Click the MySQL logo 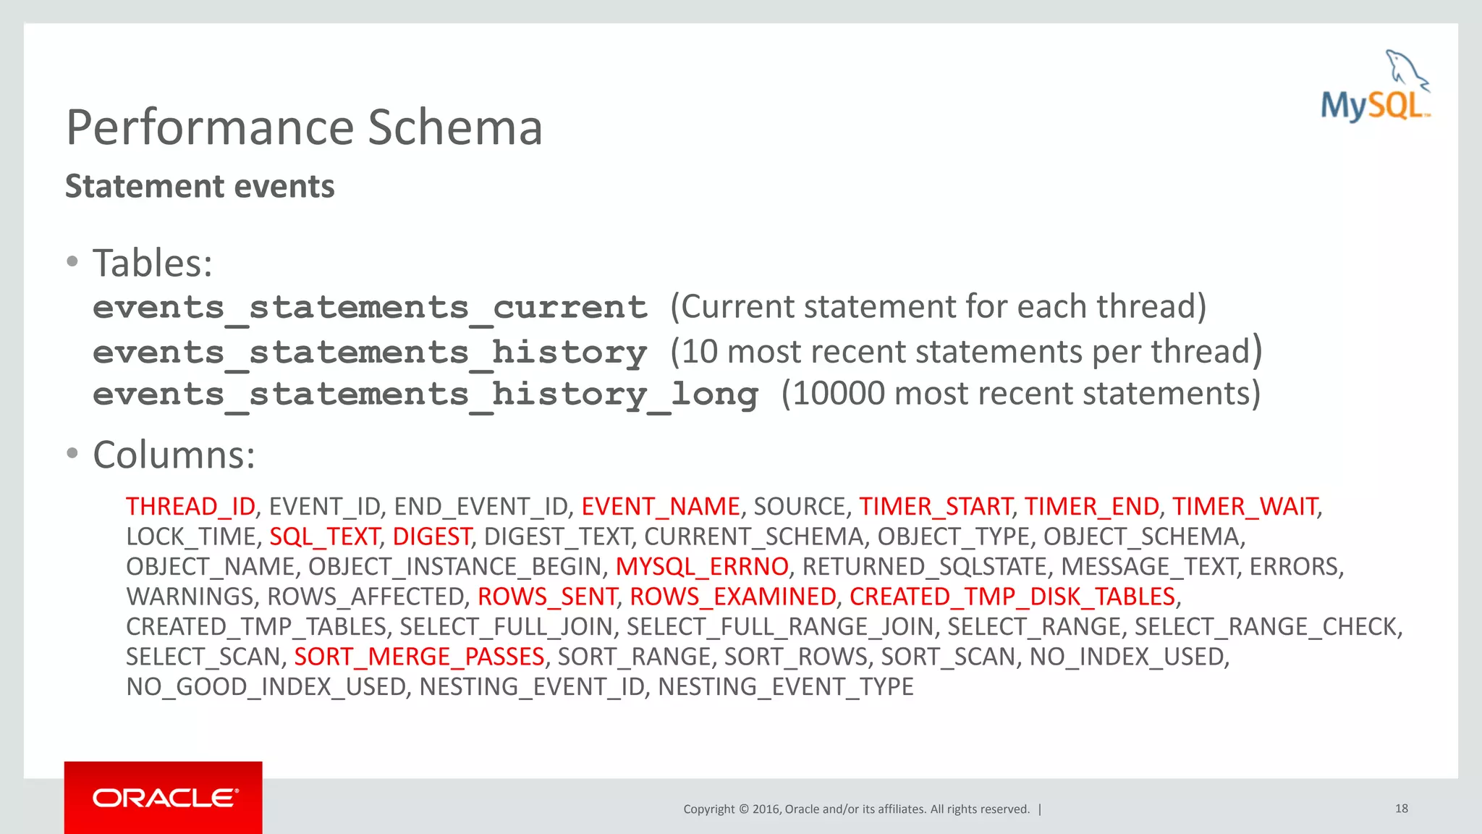point(1375,87)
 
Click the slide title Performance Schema point(304,127)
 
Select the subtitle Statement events point(200,187)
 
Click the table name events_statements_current point(370,308)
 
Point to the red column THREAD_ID point(190,507)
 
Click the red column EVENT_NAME point(660,507)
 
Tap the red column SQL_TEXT point(324,536)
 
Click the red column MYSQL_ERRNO point(702,567)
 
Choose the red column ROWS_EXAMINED point(733,597)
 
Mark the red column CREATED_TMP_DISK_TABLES point(1012,597)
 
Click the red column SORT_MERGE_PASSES point(419,657)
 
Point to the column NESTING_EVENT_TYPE point(786,687)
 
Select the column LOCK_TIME point(191,536)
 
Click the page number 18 point(1401,809)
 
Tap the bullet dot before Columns point(72,454)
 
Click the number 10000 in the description point(839,394)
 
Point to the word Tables point(151,263)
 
